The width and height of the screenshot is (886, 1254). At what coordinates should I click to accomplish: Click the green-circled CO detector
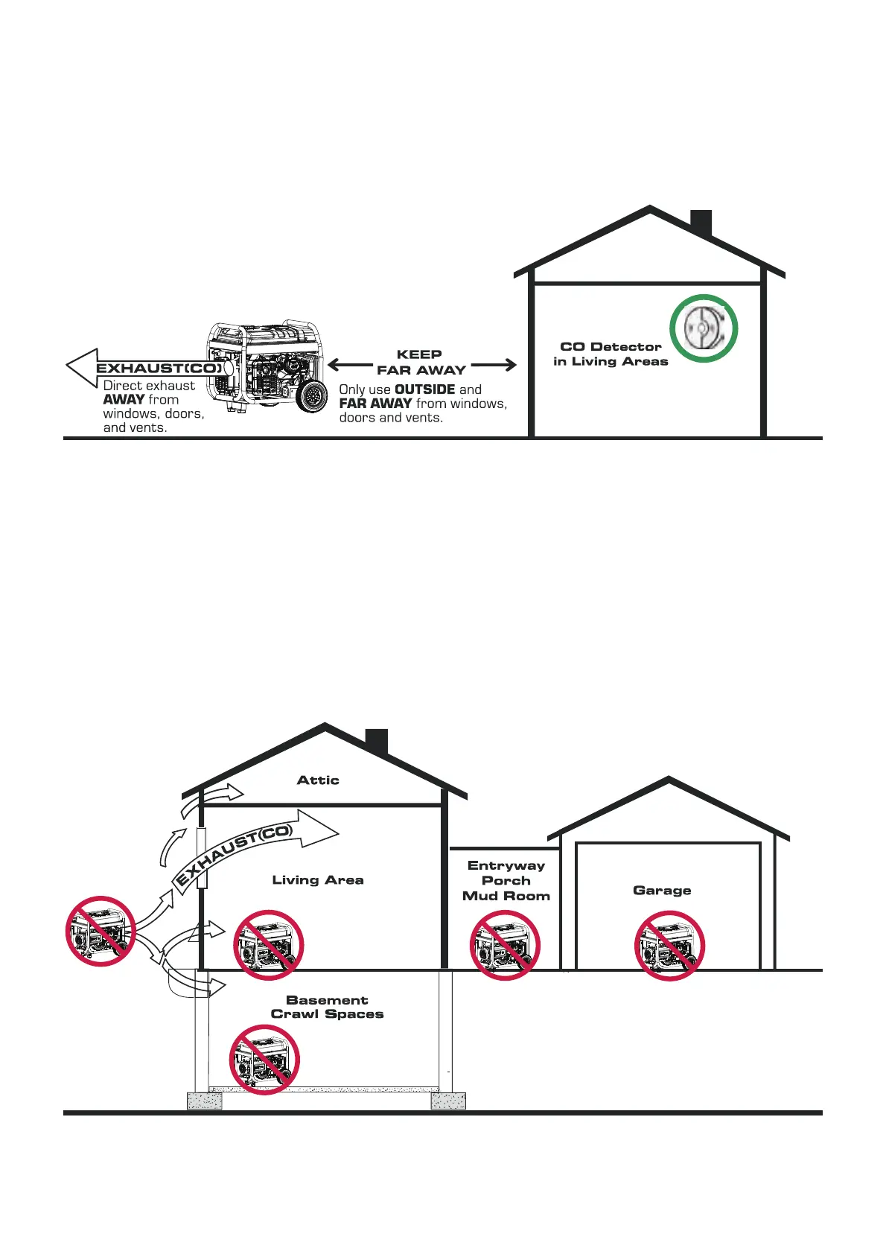703,328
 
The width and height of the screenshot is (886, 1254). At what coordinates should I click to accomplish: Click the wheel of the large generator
311,395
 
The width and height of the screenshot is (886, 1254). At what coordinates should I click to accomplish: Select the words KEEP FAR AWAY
421,363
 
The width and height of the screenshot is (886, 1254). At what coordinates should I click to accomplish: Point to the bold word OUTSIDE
424,389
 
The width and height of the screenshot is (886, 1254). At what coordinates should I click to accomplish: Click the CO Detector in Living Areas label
611,354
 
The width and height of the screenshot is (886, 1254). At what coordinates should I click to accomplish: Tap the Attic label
318,780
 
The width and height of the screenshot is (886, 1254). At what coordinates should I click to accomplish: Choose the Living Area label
318,880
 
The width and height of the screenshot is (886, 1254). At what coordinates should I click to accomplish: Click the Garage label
662,891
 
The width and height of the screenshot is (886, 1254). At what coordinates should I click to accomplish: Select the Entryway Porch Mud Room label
506,881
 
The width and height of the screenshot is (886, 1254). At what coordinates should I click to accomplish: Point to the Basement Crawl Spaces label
327,1007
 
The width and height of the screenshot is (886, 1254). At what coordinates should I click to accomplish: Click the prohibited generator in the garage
669,946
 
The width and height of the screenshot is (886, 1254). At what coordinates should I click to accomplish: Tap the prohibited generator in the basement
264,1059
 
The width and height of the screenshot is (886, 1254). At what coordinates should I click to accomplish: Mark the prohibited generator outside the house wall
101,932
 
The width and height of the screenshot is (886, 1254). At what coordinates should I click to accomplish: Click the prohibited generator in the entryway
505,945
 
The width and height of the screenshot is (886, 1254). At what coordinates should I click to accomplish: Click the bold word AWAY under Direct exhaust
124,400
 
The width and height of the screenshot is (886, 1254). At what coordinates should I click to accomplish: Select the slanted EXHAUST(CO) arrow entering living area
253,849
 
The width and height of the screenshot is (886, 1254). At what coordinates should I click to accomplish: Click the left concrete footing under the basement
204,1101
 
